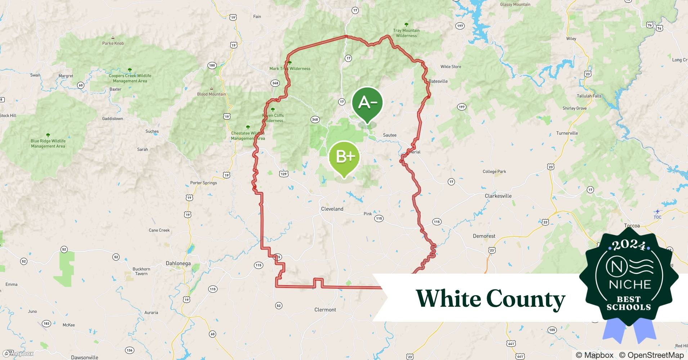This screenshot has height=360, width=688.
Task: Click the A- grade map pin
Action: (x=367, y=104)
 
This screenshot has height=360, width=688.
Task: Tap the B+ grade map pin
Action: (x=345, y=157)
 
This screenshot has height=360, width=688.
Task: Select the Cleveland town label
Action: (x=332, y=209)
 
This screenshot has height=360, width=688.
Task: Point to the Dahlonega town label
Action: (x=178, y=263)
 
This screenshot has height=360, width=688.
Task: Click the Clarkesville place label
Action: (x=498, y=196)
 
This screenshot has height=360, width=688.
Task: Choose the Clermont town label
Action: (x=325, y=310)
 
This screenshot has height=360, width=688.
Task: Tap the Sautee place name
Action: (x=389, y=135)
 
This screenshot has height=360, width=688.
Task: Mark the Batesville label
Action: (x=438, y=81)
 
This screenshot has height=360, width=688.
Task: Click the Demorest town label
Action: (x=484, y=236)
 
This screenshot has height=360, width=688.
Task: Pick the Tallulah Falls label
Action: (x=589, y=96)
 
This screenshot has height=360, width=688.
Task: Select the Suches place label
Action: (x=152, y=131)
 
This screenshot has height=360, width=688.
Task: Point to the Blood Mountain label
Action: (x=211, y=94)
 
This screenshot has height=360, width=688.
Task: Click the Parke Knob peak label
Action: (x=113, y=43)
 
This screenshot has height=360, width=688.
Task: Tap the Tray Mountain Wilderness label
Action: (x=406, y=33)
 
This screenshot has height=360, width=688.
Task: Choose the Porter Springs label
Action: (x=204, y=183)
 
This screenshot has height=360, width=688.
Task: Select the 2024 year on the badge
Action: (x=629, y=245)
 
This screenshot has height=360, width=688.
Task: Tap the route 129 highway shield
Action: (x=283, y=174)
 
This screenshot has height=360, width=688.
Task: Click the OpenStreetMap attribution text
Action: (x=651, y=355)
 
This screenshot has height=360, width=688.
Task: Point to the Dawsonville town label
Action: (x=85, y=357)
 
